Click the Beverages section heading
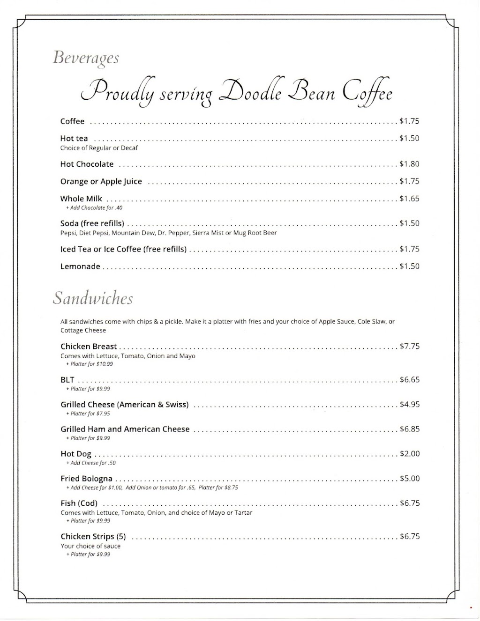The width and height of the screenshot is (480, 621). pos(86,59)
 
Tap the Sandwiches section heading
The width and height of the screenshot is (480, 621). pos(93,299)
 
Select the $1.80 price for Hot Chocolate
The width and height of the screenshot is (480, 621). pos(409,164)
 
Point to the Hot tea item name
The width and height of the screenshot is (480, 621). pos(74,138)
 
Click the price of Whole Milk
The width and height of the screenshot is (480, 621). pos(409,199)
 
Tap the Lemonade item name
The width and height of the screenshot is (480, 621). pos(80,266)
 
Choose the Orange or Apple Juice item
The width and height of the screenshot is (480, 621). pos(101,181)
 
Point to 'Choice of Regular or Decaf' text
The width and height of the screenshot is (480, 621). pos(99,148)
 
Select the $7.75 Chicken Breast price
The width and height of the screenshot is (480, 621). pos(409,346)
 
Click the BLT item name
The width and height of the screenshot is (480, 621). pos(67,380)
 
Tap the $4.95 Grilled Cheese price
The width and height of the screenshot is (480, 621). pos(409,404)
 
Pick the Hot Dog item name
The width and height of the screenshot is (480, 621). pos(76,454)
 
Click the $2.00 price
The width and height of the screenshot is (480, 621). pos(409,453)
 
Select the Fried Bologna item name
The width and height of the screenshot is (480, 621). pos(86,479)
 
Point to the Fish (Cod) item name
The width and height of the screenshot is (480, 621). pos(79,503)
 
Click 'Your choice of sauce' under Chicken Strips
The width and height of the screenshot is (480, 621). pos(90,546)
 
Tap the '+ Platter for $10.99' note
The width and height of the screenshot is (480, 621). pos(90,364)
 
